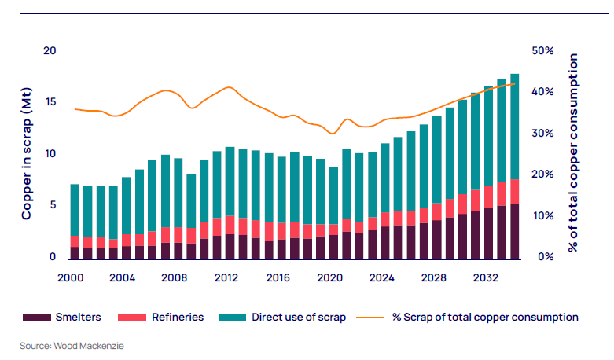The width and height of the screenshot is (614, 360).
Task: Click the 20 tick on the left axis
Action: point(51,51)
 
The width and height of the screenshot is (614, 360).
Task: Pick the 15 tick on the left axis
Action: point(51,102)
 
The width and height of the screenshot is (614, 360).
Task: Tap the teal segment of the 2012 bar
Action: point(230,181)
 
